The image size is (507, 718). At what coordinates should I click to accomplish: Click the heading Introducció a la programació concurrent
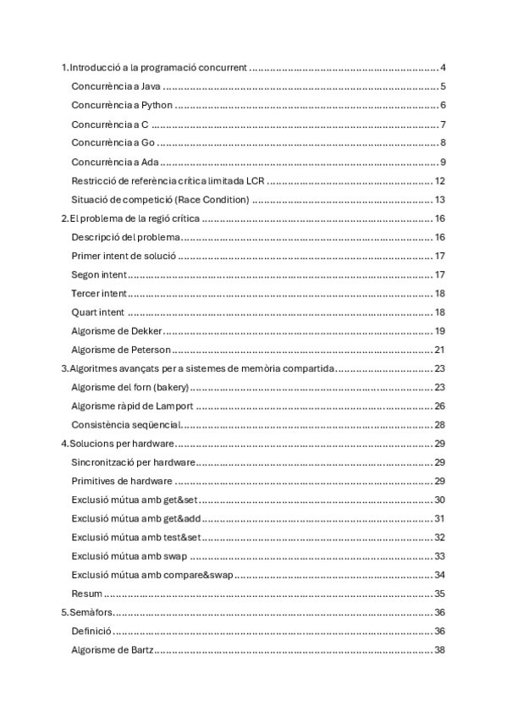coord(157,68)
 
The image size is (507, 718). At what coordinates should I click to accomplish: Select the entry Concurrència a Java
coord(116,86)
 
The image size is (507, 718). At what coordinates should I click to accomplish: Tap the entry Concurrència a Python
coord(123,105)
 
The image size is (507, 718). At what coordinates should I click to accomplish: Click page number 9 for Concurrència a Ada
coord(443,163)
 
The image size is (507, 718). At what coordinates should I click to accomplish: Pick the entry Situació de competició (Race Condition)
coord(160,200)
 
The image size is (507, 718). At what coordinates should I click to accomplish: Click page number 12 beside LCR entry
coord(440,181)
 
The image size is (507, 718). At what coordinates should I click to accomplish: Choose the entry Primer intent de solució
coord(124,256)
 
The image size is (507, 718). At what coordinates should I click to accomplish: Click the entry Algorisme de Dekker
coord(118,331)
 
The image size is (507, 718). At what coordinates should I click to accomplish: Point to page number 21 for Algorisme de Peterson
coord(440,350)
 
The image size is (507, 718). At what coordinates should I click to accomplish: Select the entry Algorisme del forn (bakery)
coord(130,387)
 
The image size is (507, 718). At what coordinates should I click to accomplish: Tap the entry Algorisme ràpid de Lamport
coord(134,406)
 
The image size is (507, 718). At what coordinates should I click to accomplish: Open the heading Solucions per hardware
coord(122,444)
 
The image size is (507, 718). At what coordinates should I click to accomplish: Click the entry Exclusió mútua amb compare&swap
coord(152,575)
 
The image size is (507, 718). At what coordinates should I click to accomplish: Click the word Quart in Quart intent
coord(84,312)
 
